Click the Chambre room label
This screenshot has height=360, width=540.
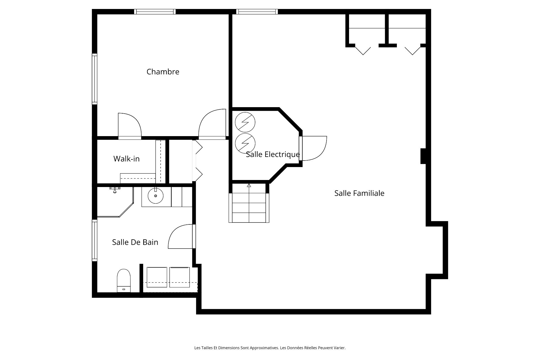coord(163,72)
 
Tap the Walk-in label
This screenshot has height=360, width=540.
coord(126,159)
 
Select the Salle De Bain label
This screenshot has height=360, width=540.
coord(135,242)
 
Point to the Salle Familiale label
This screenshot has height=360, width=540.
coord(359,193)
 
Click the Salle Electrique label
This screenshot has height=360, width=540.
coord(273,154)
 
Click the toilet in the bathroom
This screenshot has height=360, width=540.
coord(124,281)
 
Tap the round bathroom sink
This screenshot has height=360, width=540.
coord(156,196)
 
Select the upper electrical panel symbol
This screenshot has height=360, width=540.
coord(245,122)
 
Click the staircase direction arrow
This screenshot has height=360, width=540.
coord(249,185)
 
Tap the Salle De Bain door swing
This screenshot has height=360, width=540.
coord(181,237)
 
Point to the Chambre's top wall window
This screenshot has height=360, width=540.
coord(155,12)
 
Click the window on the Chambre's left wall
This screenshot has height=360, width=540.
coord(94,79)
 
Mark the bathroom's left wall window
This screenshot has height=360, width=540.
coord(94,240)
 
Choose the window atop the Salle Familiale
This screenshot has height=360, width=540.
coord(257,12)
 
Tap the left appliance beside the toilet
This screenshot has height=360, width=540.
coord(157,277)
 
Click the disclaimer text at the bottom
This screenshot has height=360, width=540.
coord(270,348)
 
